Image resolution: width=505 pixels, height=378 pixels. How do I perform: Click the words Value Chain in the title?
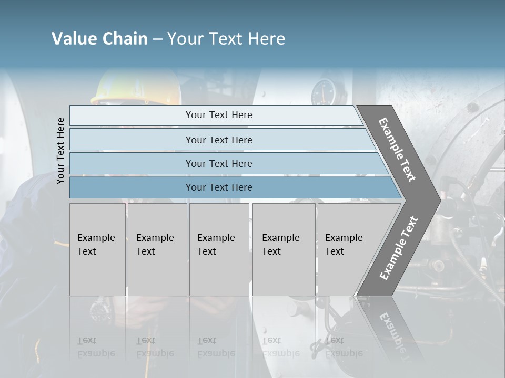click(x=99, y=39)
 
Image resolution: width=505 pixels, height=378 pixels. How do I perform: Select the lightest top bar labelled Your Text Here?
click(x=219, y=115)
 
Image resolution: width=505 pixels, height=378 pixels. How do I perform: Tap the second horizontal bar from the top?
click(x=219, y=140)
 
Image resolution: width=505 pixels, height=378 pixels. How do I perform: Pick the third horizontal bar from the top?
click(x=219, y=163)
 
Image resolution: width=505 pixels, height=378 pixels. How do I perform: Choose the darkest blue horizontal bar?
click(x=219, y=187)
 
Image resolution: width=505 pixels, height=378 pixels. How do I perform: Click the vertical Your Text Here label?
click(x=60, y=151)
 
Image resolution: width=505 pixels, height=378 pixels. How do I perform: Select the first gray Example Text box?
click(x=97, y=249)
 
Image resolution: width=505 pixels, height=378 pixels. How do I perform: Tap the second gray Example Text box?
click(x=157, y=249)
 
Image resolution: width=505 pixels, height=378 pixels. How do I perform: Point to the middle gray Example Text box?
click(x=219, y=249)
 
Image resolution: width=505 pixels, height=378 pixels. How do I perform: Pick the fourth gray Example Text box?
click(x=284, y=249)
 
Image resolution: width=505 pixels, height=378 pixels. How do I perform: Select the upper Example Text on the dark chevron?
click(x=397, y=150)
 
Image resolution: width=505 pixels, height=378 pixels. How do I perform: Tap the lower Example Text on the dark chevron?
click(x=398, y=248)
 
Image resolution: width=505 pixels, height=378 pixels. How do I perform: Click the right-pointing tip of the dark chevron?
click(x=438, y=200)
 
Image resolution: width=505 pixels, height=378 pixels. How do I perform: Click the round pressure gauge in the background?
click(x=322, y=93)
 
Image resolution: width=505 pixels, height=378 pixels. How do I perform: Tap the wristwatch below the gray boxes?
click(x=99, y=310)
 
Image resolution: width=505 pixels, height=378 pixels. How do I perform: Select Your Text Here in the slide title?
click(x=226, y=39)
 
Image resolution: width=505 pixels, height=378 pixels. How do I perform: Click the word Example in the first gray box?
click(x=96, y=238)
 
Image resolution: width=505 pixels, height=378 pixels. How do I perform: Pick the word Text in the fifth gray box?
click(x=335, y=251)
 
